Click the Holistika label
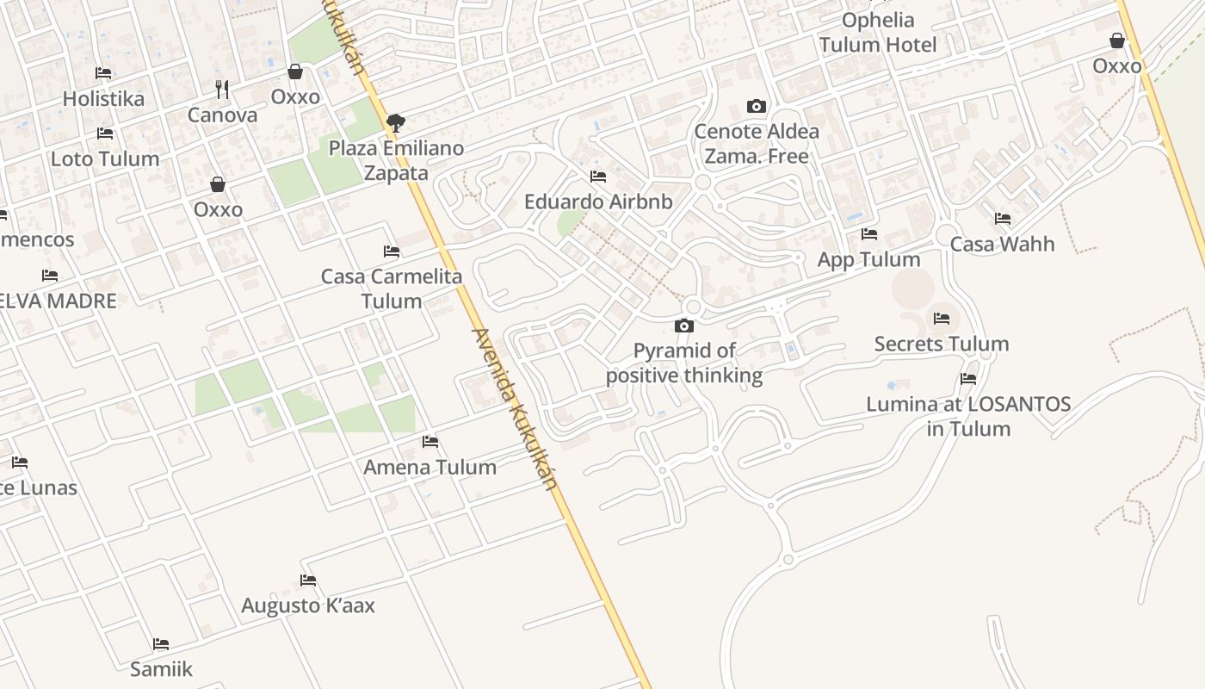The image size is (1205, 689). point(103,98)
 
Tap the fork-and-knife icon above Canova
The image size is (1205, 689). point(222,88)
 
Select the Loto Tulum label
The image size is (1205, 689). point(105,158)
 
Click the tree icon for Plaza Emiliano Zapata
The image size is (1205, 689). point(396,122)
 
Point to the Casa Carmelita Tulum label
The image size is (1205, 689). point(392,289)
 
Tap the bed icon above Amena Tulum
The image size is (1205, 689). point(430,442)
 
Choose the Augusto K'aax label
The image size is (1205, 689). point(308,605)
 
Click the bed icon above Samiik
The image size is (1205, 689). point(161,644)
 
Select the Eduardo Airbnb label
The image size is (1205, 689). point(598,202)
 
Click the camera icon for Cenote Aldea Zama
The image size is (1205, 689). point(757,107)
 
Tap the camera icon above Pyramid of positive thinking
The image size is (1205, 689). point(684,326)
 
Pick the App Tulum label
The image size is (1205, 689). point(868,259)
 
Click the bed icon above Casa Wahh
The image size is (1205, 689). point(1003,219)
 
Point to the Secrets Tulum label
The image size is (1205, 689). point(942,344)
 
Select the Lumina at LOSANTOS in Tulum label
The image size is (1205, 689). point(968,416)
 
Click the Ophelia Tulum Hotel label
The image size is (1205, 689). point(878,32)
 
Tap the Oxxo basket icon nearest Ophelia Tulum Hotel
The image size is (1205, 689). point(1117,40)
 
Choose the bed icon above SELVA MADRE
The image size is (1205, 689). point(50,276)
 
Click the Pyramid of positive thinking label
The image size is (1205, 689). point(684,363)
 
